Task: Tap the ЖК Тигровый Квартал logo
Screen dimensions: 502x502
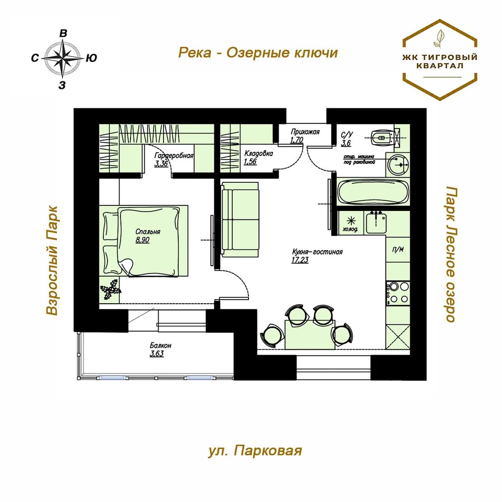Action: click(440, 60)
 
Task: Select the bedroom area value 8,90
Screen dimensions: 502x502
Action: click(143, 240)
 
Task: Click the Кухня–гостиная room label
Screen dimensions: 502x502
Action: click(317, 252)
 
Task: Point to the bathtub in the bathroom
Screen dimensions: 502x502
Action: click(373, 192)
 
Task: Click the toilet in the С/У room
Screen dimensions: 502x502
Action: click(382, 138)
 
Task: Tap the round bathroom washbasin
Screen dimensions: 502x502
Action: click(398, 165)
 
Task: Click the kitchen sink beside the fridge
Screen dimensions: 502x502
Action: click(376, 222)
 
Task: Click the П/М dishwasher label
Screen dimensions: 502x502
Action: click(398, 249)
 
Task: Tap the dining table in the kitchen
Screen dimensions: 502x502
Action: click(310, 334)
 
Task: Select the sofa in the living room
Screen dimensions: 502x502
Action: click(240, 220)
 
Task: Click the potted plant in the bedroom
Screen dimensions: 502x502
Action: click(110, 289)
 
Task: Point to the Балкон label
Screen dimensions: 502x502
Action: click(161, 345)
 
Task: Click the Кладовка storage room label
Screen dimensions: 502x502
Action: click(259, 153)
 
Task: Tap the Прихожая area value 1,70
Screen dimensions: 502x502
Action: click(297, 140)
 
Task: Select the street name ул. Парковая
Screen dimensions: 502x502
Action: click(255, 451)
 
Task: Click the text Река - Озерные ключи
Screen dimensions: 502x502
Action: click(258, 53)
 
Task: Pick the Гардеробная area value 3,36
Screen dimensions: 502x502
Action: click(161, 164)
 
